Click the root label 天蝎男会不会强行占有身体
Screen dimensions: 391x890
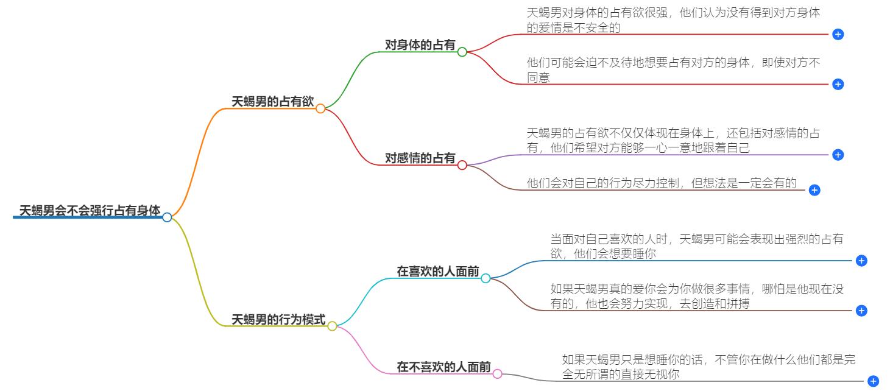pyautogui.click(x=90, y=211)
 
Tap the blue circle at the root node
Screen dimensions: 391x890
pyautogui.click(x=167, y=217)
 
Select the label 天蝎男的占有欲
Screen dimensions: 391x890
pyautogui.click(x=272, y=102)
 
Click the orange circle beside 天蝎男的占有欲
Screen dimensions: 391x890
pyautogui.click(x=320, y=108)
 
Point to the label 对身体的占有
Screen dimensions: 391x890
pyautogui.click(x=420, y=44)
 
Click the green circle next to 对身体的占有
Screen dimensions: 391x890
pyautogui.click(x=462, y=52)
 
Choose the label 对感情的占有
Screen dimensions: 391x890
pyautogui.click(x=420, y=158)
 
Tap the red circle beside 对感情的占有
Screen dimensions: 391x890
pyautogui.click(x=462, y=165)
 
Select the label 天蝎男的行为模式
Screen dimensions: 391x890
pyautogui.click(x=278, y=319)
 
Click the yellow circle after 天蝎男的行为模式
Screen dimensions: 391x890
pyautogui.click(x=332, y=326)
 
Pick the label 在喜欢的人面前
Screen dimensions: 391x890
pyautogui.click(x=438, y=272)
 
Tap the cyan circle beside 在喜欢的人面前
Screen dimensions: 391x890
pyautogui.click(x=486, y=278)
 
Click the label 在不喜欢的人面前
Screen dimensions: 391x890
pyautogui.click(x=444, y=367)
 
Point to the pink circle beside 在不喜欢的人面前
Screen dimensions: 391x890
pyautogui.click(x=498, y=373)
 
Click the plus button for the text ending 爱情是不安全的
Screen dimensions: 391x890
pyautogui.click(x=838, y=35)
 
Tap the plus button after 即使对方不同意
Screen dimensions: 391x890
pyautogui.click(x=838, y=85)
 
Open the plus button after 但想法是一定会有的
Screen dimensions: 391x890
pyautogui.click(x=814, y=190)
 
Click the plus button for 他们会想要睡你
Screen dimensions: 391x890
pyautogui.click(x=861, y=261)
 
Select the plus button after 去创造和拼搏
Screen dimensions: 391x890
pyautogui.click(x=861, y=311)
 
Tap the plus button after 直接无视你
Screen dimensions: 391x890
pyautogui.click(x=873, y=381)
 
